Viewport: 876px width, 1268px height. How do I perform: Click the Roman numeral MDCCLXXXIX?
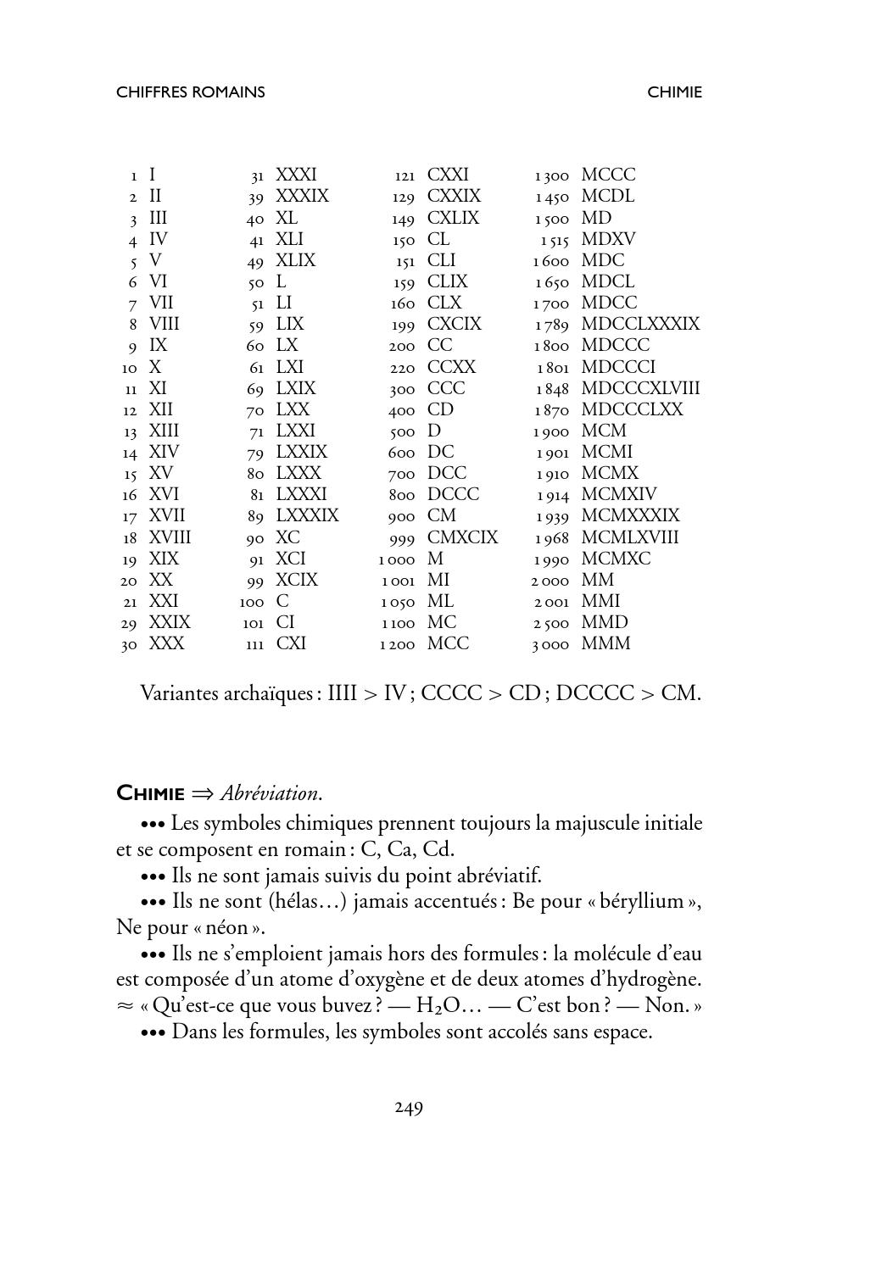[640, 324]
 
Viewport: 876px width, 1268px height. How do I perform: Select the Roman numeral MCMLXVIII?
[630, 537]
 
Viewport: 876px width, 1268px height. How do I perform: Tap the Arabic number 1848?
[551, 389]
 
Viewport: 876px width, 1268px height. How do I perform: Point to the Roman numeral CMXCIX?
[462, 537]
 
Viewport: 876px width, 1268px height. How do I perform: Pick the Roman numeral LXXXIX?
[307, 515]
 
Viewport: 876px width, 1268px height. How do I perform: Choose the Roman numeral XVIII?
[170, 537]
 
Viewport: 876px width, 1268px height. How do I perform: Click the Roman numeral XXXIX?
[302, 196]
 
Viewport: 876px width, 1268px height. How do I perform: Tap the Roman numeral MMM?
[605, 643]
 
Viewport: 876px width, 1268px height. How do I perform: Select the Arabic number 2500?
[550, 623]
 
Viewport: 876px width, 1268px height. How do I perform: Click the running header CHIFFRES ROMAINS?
[190, 92]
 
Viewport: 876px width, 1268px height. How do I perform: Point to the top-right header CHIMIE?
[674, 92]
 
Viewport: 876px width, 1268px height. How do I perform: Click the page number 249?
[409, 1107]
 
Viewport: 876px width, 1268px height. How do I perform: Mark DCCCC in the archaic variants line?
[595, 693]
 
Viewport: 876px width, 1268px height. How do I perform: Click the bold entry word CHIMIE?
[150, 793]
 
